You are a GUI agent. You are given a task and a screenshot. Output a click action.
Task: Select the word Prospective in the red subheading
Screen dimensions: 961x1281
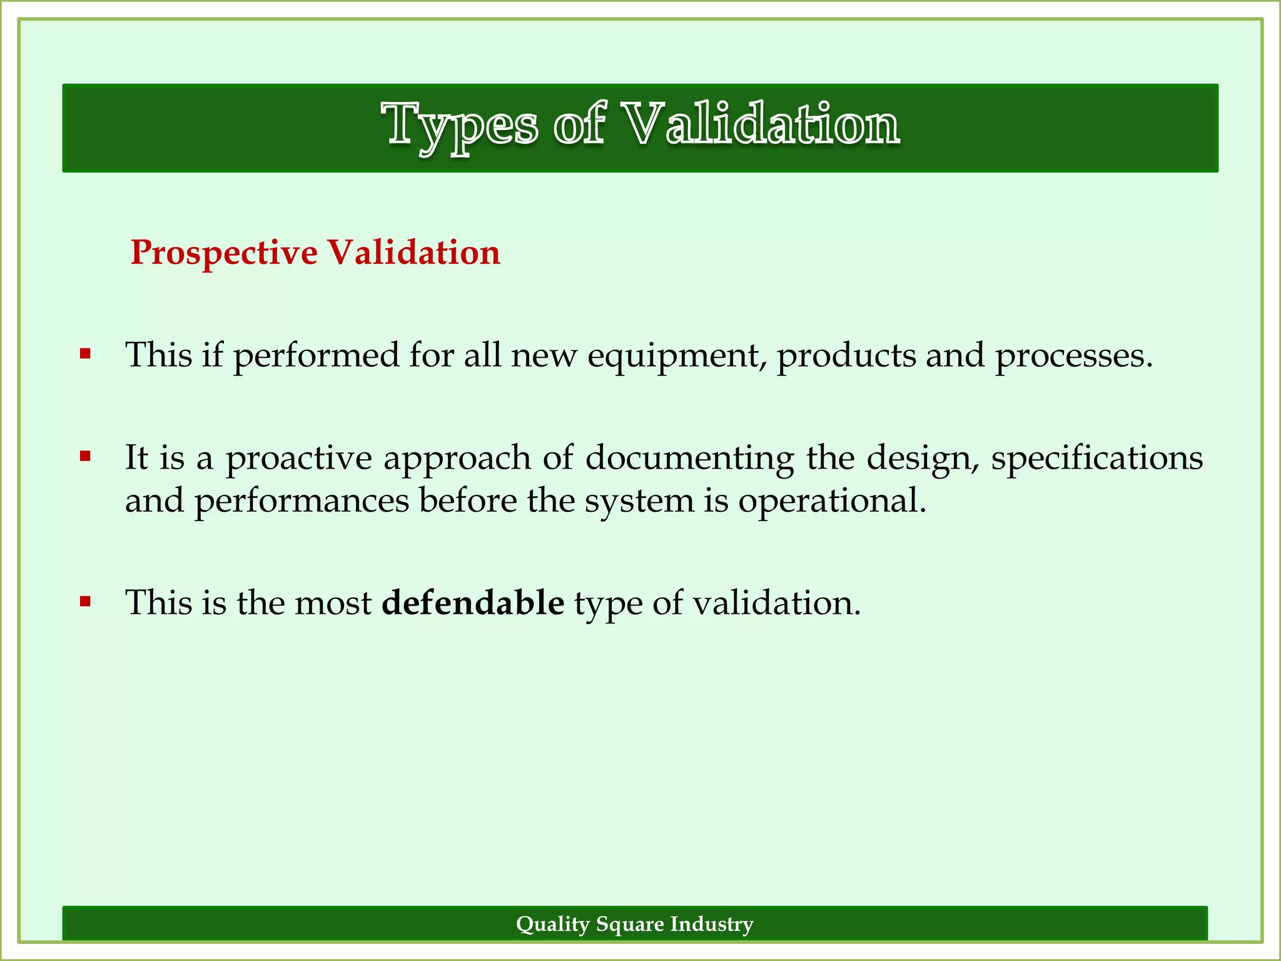pyautogui.click(x=224, y=253)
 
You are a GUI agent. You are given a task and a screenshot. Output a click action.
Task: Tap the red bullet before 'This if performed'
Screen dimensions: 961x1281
pyautogui.click(x=86, y=355)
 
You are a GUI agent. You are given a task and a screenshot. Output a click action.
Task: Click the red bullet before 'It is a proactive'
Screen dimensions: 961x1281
pyautogui.click(x=86, y=457)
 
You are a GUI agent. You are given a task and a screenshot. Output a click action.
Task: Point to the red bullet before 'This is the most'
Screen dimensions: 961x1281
pyautogui.click(x=86, y=603)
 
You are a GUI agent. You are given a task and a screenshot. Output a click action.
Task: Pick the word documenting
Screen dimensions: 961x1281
pyautogui.click(x=689, y=458)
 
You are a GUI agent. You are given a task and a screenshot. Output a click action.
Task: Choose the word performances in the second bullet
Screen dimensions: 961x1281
pyautogui.click(x=301, y=501)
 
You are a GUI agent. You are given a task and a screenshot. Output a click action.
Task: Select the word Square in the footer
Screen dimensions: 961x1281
pyautogui.click(x=630, y=924)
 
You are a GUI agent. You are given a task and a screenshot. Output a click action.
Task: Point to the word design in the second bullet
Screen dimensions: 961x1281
pyautogui.click(x=923, y=458)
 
